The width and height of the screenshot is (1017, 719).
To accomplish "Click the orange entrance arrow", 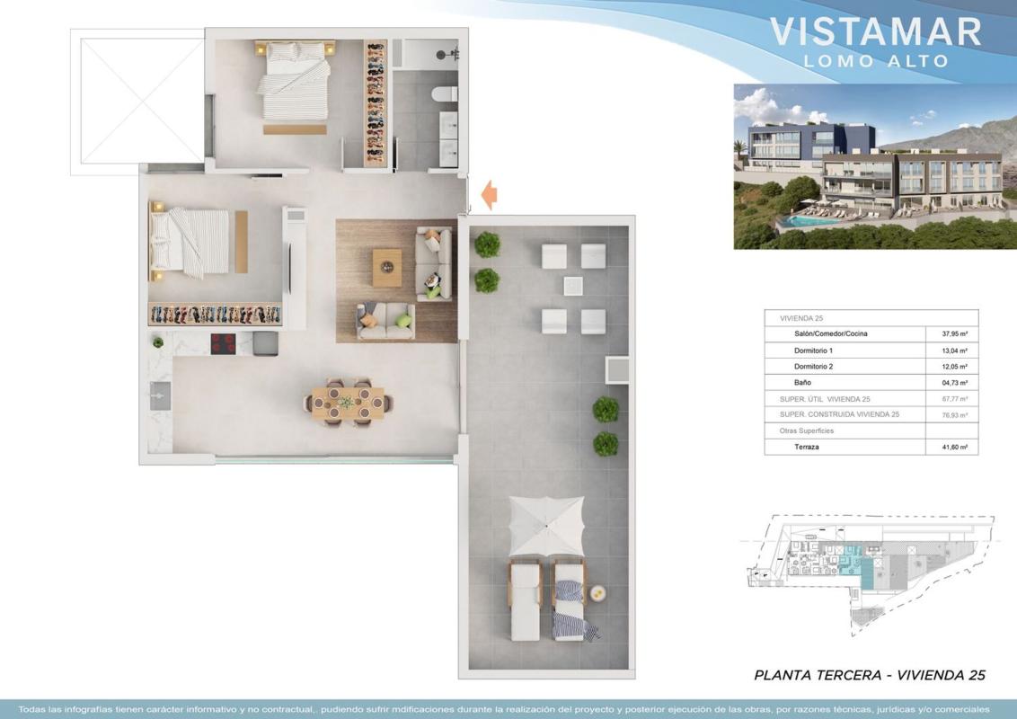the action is tap(490, 194).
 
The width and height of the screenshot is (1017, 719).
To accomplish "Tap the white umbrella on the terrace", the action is tap(547, 526).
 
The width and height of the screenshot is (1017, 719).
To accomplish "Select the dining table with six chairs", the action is tap(348, 403).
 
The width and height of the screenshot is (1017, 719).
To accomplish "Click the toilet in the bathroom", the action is tap(445, 94).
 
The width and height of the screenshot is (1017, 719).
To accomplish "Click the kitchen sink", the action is tap(160, 395).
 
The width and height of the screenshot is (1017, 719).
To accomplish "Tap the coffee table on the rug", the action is tap(387, 267).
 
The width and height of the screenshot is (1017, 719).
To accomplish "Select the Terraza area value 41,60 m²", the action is tap(954, 447).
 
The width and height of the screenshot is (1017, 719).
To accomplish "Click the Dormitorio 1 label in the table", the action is tap(813, 351).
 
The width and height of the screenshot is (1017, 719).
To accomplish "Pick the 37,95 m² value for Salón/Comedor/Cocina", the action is tap(954, 334).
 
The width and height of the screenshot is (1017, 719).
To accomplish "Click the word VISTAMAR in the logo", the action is tap(876, 31).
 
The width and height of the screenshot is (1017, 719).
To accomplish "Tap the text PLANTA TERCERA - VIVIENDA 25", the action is tap(870, 676).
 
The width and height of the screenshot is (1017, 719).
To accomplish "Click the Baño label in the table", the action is tap(802, 383).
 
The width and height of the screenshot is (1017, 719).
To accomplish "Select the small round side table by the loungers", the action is tap(597, 591).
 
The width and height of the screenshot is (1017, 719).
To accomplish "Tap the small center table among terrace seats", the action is tap(572, 286).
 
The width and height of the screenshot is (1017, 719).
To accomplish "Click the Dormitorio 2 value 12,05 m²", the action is tap(954, 367).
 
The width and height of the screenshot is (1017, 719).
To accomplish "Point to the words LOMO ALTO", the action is tap(876, 61).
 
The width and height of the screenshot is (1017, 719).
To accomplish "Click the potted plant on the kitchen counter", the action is tap(157, 342).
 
